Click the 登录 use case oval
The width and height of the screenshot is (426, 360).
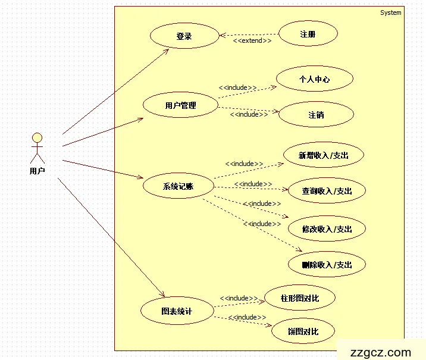pyautogui.click(x=184, y=36)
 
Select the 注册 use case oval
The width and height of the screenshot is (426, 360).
pyautogui.click(x=308, y=35)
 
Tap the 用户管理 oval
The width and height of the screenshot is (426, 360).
pyautogui.click(x=180, y=105)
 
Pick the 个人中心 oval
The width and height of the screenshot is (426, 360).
pyautogui.click(x=315, y=79)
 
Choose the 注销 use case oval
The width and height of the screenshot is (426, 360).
pyautogui.click(x=317, y=115)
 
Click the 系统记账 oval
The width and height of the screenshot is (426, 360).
pyautogui.click(x=178, y=186)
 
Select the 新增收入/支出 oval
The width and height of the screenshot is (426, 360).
pyautogui.click(x=323, y=155)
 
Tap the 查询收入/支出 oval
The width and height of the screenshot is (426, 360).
pyautogui.click(x=327, y=191)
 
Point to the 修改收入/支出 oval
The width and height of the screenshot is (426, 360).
pyautogui.click(x=327, y=229)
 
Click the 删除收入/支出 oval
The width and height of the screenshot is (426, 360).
pyautogui.click(x=327, y=265)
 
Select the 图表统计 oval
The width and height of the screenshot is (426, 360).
pyautogui.click(x=177, y=311)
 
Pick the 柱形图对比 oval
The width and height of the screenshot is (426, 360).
pyautogui.click(x=300, y=298)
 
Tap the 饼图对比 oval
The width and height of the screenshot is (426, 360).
pyautogui.click(x=303, y=331)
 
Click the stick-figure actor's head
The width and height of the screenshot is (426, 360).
pyautogui.click(x=37, y=138)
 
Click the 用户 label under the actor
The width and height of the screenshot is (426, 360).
pyautogui.click(x=37, y=171)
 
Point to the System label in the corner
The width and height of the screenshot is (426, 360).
pyautogui.click(x=390, y=12)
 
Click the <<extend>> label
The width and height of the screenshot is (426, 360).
pyautogui.click(x=252, y=41)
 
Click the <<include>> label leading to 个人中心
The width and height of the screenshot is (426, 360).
pyautogui.click(x=237, y=87)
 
